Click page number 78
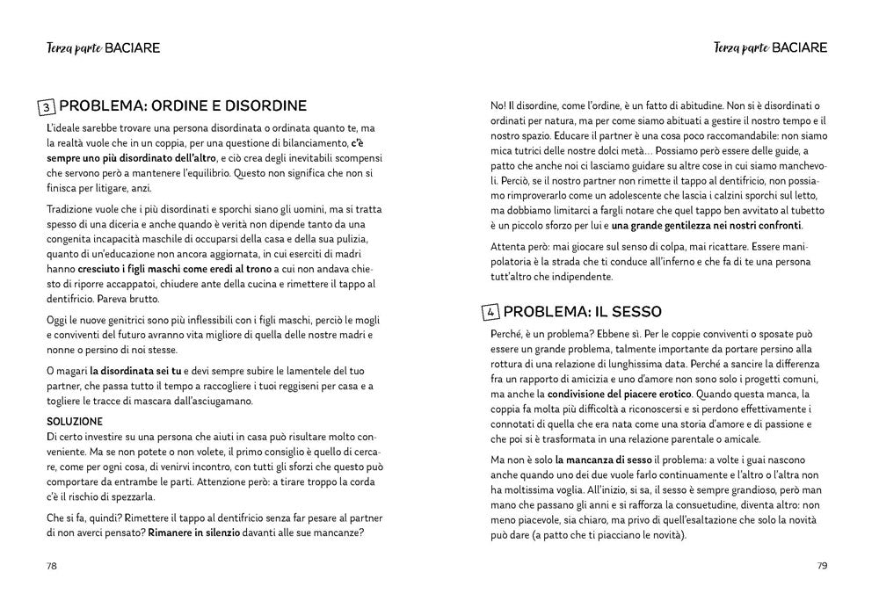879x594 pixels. (51, 565)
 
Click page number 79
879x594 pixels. (822, 565)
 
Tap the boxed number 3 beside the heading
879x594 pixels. (47, 107)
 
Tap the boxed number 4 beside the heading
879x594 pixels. (491, 312)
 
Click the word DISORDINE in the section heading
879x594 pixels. (258, 106)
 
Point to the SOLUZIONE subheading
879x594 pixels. (75, 422)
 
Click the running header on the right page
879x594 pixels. (770, 47)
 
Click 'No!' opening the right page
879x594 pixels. (498, 106)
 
